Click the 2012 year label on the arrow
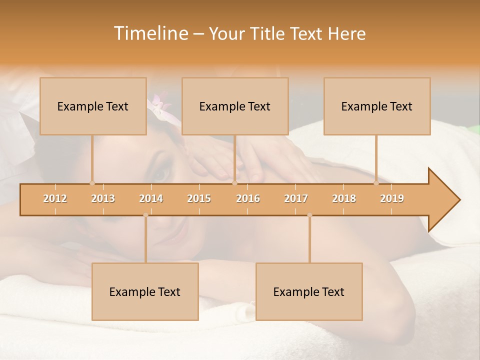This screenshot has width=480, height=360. click(55, 198)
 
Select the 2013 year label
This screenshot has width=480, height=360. click(103, 198)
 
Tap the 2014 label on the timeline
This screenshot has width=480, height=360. click(151, 198)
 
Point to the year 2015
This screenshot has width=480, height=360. click(199, 198)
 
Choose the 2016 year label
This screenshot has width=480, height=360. click(248, 198)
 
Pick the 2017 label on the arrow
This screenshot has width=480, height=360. click(296, 198)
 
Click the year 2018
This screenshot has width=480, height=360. click(344, 198)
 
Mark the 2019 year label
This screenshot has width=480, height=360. click(392, 198)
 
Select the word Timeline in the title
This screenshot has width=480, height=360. click(150, 33)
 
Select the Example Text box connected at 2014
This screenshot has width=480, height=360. click(145, 291)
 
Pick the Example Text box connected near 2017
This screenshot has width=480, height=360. click(309, 291)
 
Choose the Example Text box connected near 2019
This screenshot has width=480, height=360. click(377, 106)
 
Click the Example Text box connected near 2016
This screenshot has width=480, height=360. click(235, 106)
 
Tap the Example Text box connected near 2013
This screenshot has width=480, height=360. click(93, 106)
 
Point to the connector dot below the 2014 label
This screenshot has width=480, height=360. click(145, 215)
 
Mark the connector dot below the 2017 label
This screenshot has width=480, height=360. click(309, 215)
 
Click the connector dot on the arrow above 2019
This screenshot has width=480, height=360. click(376, 183)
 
